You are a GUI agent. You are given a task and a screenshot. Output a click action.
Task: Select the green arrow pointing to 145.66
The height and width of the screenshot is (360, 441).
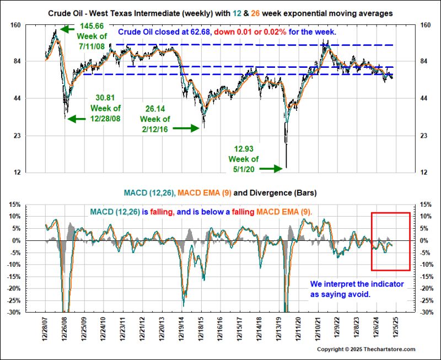click(68, 28)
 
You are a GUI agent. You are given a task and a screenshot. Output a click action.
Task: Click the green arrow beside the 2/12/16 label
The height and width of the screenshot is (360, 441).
click(188, 128)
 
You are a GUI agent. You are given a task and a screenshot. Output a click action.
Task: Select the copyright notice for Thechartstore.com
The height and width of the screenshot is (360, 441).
click(366, 350)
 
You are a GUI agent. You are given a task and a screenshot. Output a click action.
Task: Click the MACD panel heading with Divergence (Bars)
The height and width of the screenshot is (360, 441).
click(220, 193)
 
